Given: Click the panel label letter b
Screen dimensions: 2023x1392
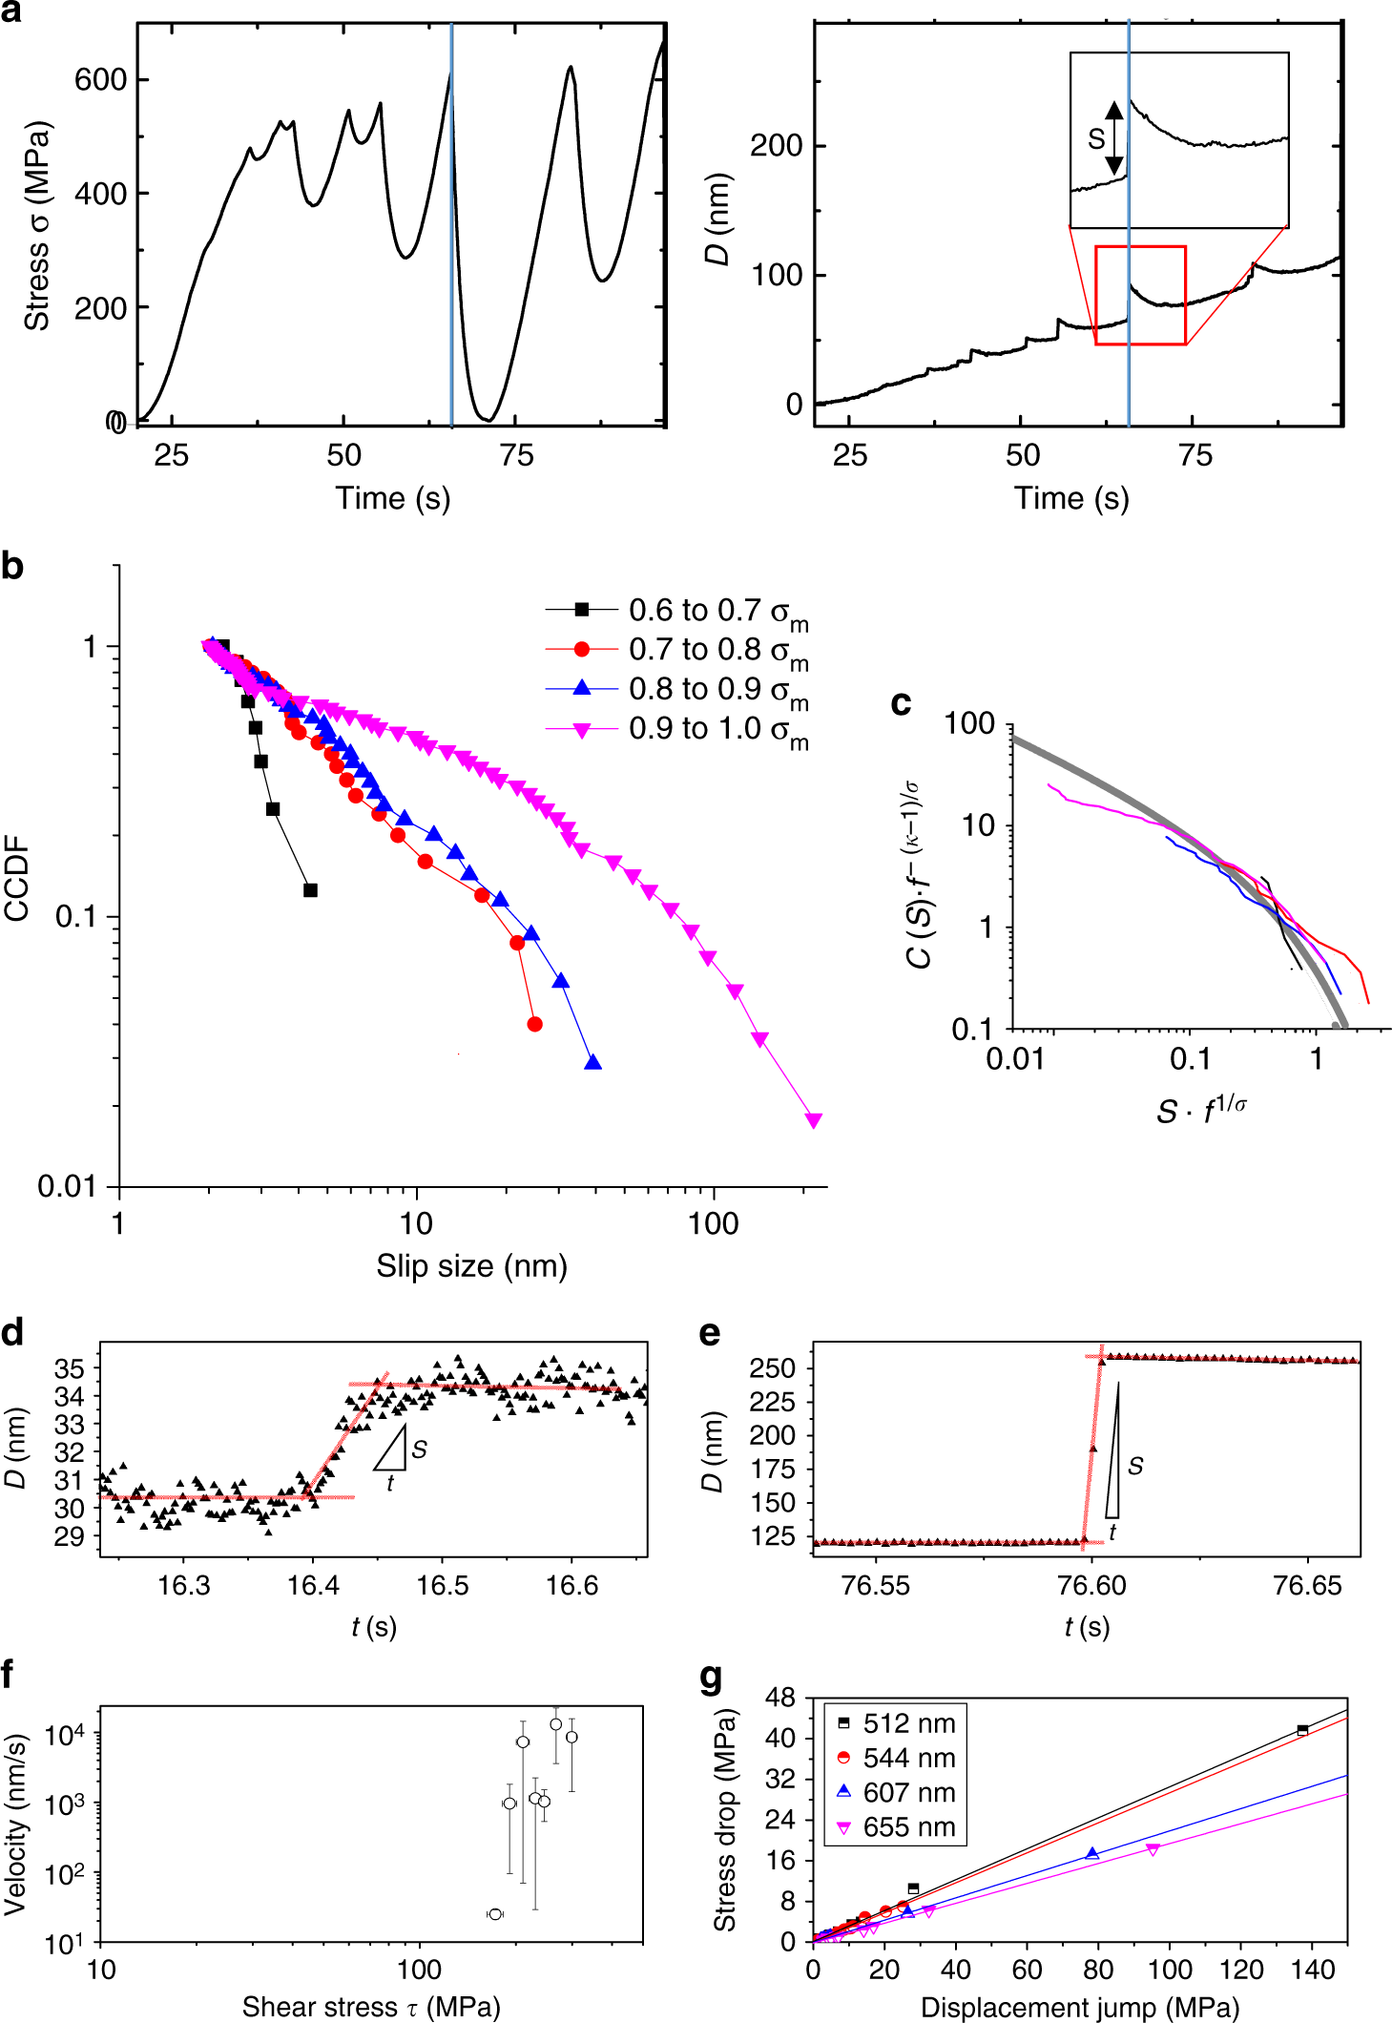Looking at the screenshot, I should [12, 567].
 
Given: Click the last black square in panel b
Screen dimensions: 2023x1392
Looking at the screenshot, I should [310, 890].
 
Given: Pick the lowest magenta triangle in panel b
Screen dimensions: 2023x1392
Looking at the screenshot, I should [814, 1120].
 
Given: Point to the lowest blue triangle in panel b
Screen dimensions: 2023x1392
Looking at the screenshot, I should [593, 1062].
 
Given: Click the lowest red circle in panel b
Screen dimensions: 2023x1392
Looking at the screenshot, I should [534, 1024].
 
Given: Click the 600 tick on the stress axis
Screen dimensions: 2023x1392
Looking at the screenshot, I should [100, 79].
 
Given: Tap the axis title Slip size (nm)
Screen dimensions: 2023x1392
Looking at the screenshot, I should [471, 1266].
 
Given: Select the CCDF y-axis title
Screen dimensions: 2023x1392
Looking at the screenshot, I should [17, 878].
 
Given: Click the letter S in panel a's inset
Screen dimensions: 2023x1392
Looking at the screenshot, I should [1096, 139].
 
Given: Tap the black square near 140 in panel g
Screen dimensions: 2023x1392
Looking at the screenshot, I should [1302, 1730].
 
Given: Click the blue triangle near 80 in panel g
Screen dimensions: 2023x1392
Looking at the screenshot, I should [1091, 1853].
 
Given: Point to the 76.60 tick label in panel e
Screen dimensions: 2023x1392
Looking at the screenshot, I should [1091, 1586].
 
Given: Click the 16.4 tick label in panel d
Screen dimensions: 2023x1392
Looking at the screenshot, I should [313, 1586].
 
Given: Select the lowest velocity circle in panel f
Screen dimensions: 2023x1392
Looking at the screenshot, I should [494, 1914].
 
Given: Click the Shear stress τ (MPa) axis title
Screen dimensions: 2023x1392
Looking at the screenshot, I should [371, 2007].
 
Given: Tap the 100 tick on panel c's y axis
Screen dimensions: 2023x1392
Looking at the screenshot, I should [969, 724].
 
